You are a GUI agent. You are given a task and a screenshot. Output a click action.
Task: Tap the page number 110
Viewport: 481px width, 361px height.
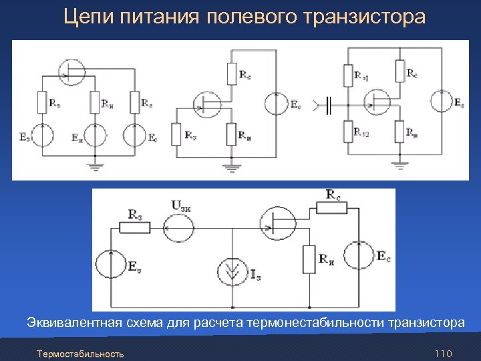(x=444, y=353)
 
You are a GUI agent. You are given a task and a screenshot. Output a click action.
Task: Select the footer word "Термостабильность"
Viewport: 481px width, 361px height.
(x=80, y=353)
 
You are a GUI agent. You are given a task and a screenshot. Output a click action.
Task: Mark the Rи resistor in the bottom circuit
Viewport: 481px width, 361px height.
(x=309, y=259)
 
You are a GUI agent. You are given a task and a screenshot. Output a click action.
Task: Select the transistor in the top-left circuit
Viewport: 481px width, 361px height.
(x=69, y=71)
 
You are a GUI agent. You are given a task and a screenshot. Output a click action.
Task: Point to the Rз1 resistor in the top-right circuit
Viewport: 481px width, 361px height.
(x=348, y=75)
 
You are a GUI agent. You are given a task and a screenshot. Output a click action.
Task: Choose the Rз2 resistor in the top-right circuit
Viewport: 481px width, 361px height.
(x=348, y=131)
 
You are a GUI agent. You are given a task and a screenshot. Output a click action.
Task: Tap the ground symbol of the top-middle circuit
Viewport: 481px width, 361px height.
(x=231, y=166)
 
